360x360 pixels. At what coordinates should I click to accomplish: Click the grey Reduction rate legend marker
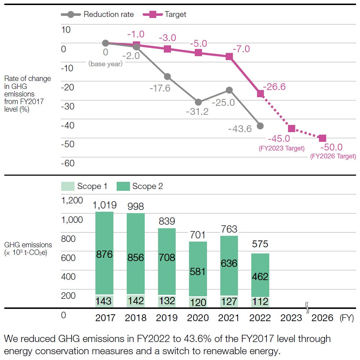[x=71, y=14]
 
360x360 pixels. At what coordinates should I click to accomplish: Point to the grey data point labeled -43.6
[x=260, y=126]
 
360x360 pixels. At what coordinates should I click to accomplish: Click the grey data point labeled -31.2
[x=198, y=102]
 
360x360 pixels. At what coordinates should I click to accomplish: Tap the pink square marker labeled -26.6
[x=260, y=94]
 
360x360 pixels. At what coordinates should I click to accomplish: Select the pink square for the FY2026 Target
[x=323, y=138]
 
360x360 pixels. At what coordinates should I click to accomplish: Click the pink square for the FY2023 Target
[x=292, y=129]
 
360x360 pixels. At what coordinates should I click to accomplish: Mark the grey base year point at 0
[x=105, y=43]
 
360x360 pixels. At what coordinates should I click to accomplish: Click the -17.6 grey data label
[x=160, y=88]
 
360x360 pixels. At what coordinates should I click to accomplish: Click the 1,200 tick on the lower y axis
[x=72, y=200]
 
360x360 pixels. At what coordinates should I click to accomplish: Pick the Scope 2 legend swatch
[x=123, y=186]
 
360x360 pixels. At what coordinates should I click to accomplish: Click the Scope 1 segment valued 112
[x=260, y=302]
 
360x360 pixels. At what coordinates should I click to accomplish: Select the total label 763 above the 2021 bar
[x=229, y=229]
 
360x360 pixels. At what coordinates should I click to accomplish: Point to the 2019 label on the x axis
[x=167, y=318]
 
